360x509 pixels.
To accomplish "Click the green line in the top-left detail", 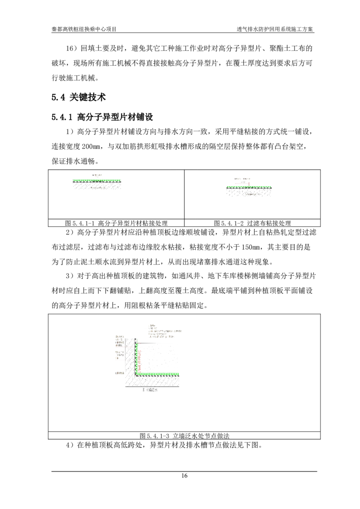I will (x=97, y=180).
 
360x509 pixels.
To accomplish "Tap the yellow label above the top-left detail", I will (x=98, y=175).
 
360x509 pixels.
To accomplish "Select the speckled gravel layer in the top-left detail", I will (x=97, y=186).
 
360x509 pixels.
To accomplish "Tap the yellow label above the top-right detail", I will (x=242, y=179).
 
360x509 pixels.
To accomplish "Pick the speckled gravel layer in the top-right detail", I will (x=250, y=193).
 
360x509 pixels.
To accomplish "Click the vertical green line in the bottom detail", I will (x=137, y=357).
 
